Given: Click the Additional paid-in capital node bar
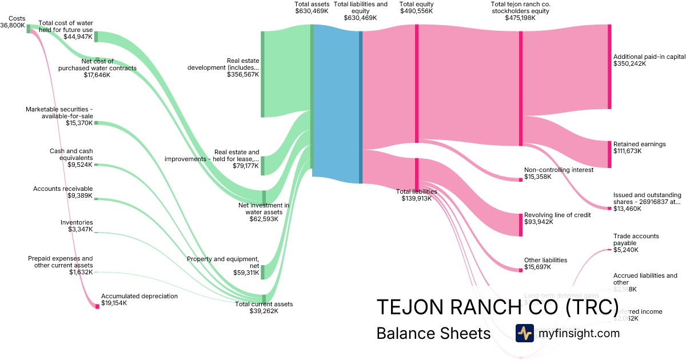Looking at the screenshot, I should point(609,66).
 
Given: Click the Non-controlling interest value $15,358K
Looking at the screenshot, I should point(537,177).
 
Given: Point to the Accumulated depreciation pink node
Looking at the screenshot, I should point(97,306).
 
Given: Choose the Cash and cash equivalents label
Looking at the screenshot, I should point(71,154).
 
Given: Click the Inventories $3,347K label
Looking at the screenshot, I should point(77,226).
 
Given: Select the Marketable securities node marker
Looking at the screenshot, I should point(96,123).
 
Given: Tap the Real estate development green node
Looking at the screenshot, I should point(263,74).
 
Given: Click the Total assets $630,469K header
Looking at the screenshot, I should point(312,7).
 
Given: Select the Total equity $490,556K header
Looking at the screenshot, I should point(416,7).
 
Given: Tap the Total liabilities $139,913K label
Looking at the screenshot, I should point(416,195).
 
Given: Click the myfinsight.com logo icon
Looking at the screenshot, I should point(524,333).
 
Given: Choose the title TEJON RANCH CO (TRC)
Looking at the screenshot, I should point(497,307).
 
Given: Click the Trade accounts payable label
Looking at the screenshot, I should point(636,243).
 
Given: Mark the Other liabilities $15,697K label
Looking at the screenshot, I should point(545,263).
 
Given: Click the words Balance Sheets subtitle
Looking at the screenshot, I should point(433,333).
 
